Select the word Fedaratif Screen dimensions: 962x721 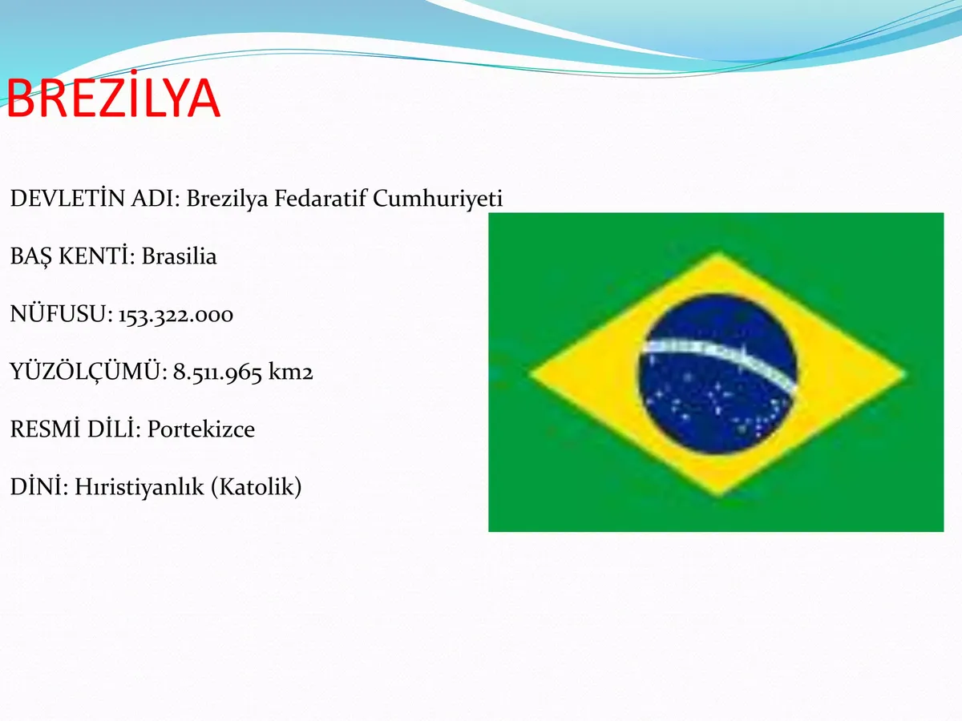pyautogui.click(x=320, y=199)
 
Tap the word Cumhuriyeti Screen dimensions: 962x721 pyautogui.click(x=438, y=199)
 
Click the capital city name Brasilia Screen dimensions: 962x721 pyautogui.click(x=179, y=256)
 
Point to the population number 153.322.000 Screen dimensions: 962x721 pyautogui.click(x=176, y=315)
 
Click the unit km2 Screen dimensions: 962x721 pyautogui.click(x=290, y=372)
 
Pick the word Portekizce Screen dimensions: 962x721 pyautogui.click(x=200, y=429)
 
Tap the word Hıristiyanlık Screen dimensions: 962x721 pyautogui.click(x=139, y=487)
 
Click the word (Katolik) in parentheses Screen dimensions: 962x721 pyautogui.click(x=257, y=487)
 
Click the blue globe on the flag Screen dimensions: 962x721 pyautogui.click(x=717, y=373)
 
